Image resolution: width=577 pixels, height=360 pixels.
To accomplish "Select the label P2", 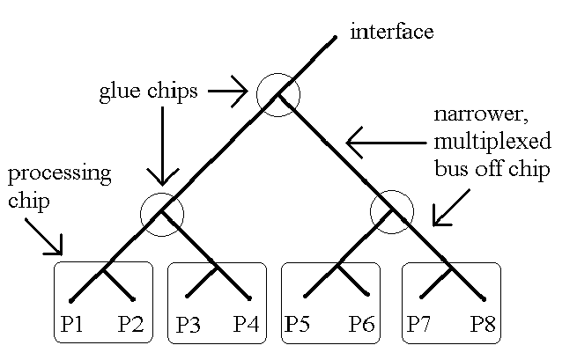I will click(132, 325).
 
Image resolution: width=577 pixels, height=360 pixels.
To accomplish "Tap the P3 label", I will click(188, 325).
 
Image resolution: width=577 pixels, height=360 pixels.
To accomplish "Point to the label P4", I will click(246, 325).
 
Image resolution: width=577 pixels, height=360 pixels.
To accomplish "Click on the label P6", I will click(361, 325).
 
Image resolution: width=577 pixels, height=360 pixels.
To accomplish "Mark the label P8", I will click(482, 325).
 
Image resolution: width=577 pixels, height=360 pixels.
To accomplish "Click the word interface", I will click(391, 33).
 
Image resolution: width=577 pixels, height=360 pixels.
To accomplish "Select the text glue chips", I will click(147, 92).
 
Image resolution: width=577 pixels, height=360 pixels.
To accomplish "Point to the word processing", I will click(60, 173).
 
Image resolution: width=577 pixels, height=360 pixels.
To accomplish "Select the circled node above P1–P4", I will click(162, 213).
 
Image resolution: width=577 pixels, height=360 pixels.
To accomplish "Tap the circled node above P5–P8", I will click(392, 211).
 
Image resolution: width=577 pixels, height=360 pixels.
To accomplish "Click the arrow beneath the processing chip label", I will click(43, 233).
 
